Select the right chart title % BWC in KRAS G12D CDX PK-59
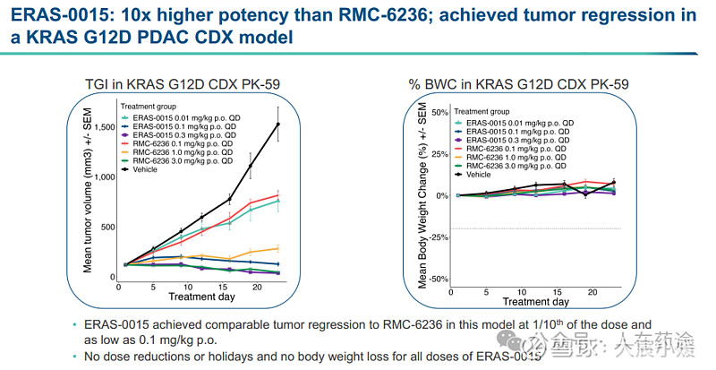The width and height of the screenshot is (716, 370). point(518,84)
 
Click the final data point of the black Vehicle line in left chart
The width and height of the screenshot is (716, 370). point(278,125)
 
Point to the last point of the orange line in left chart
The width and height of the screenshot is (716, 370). point(278,248)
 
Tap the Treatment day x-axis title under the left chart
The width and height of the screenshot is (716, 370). point(201,297)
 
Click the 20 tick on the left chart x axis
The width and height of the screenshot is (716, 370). point(256,287)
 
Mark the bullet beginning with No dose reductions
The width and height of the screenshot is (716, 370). point(313,356)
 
